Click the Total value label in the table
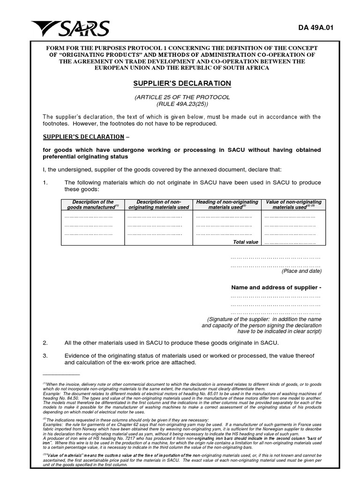click(246, 242)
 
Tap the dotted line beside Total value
click(290, 242)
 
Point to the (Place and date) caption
click(301, 271)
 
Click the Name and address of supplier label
click(276, 287)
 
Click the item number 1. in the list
click(45, 182)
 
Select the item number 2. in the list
click(45, 343)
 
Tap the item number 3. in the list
click(45, 356)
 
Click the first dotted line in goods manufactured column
click(88, 217)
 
